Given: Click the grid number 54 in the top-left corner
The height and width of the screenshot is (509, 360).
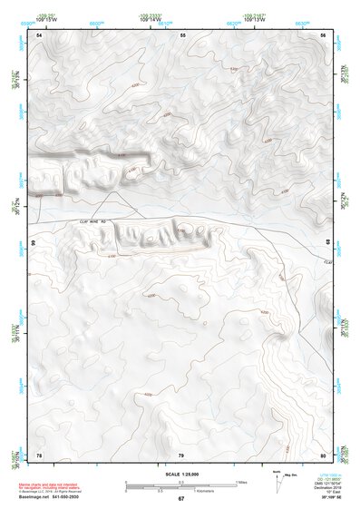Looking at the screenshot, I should (x=39, y=34).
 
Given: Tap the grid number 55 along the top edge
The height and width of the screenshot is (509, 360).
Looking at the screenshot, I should (x=182, y=34).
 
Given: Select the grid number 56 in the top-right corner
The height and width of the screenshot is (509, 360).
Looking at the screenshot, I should (x=323, y=34).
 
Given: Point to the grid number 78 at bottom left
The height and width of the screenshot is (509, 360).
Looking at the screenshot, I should (x=39, y=454).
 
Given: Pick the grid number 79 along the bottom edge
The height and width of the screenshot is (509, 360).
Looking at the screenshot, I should (x=181, y=454).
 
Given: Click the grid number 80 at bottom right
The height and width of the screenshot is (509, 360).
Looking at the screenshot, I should (x=323, y=454).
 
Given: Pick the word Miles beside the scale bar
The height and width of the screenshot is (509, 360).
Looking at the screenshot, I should (x=242, y=481).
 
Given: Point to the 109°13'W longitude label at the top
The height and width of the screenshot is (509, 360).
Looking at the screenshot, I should (x=255, y=19).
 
